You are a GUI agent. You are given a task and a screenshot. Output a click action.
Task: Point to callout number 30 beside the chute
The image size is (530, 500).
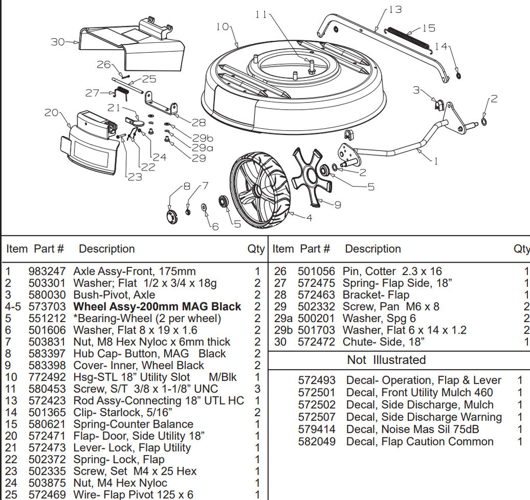pyautogui.click(x=58, y=42)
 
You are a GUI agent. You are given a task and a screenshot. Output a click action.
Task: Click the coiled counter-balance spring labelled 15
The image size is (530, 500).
pyautogui.click(x=409, y=37)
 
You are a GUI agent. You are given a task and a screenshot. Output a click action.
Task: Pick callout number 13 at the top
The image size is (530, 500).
pyautogui.click(x=395, y=10)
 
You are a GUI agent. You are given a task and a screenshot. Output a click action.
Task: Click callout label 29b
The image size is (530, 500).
pyautogui.click(x=202, y=138)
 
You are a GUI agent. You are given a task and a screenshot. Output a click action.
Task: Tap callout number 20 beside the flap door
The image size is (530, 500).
pyautogui.click(x=51, y=112)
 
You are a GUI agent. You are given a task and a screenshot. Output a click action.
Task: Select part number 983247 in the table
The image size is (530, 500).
pyautogui.click(x=47, y=271)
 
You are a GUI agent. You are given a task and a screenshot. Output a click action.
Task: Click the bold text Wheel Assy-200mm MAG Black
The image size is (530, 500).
pyautogui.click(x=157, y=307)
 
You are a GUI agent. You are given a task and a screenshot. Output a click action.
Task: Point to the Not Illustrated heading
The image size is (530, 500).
pyautogui.click(x=386, y=360)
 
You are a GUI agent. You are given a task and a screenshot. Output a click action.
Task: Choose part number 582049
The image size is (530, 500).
pyautogui.click(x=316, y=442)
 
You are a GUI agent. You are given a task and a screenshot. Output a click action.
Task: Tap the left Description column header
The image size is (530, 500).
pyautogui.click(x=107, y=249)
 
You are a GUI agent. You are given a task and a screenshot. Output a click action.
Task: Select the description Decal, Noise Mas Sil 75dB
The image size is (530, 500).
pyautogui.click(x=413, y=429)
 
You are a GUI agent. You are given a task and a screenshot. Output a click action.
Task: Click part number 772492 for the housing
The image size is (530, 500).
pyautogui.click(x=47, y=377)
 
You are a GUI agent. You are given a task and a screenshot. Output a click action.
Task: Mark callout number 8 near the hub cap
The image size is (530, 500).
pyautogui.click(x=186, y=186)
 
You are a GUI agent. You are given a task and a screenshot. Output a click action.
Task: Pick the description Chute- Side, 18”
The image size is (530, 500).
pyautogui.click(x=384, y=342)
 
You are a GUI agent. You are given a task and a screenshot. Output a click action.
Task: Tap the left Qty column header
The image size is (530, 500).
pyautogui.click(x=256, y=249)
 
